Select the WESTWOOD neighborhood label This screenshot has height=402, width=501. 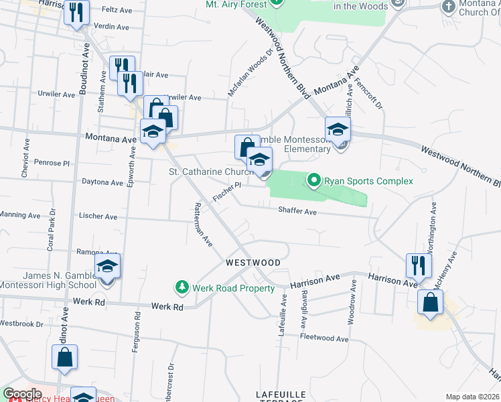(253, 262)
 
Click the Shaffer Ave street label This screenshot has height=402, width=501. (297, 211)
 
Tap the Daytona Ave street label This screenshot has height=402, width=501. (102, 182)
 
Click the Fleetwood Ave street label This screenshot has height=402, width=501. (324, 338)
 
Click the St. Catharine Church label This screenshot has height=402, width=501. (210, 172)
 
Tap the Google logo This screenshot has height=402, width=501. (21, 394)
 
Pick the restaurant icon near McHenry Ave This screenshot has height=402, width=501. (419, 265)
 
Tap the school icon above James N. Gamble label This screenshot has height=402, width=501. (107, 267)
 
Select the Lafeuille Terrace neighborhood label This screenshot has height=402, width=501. (279, 395)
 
